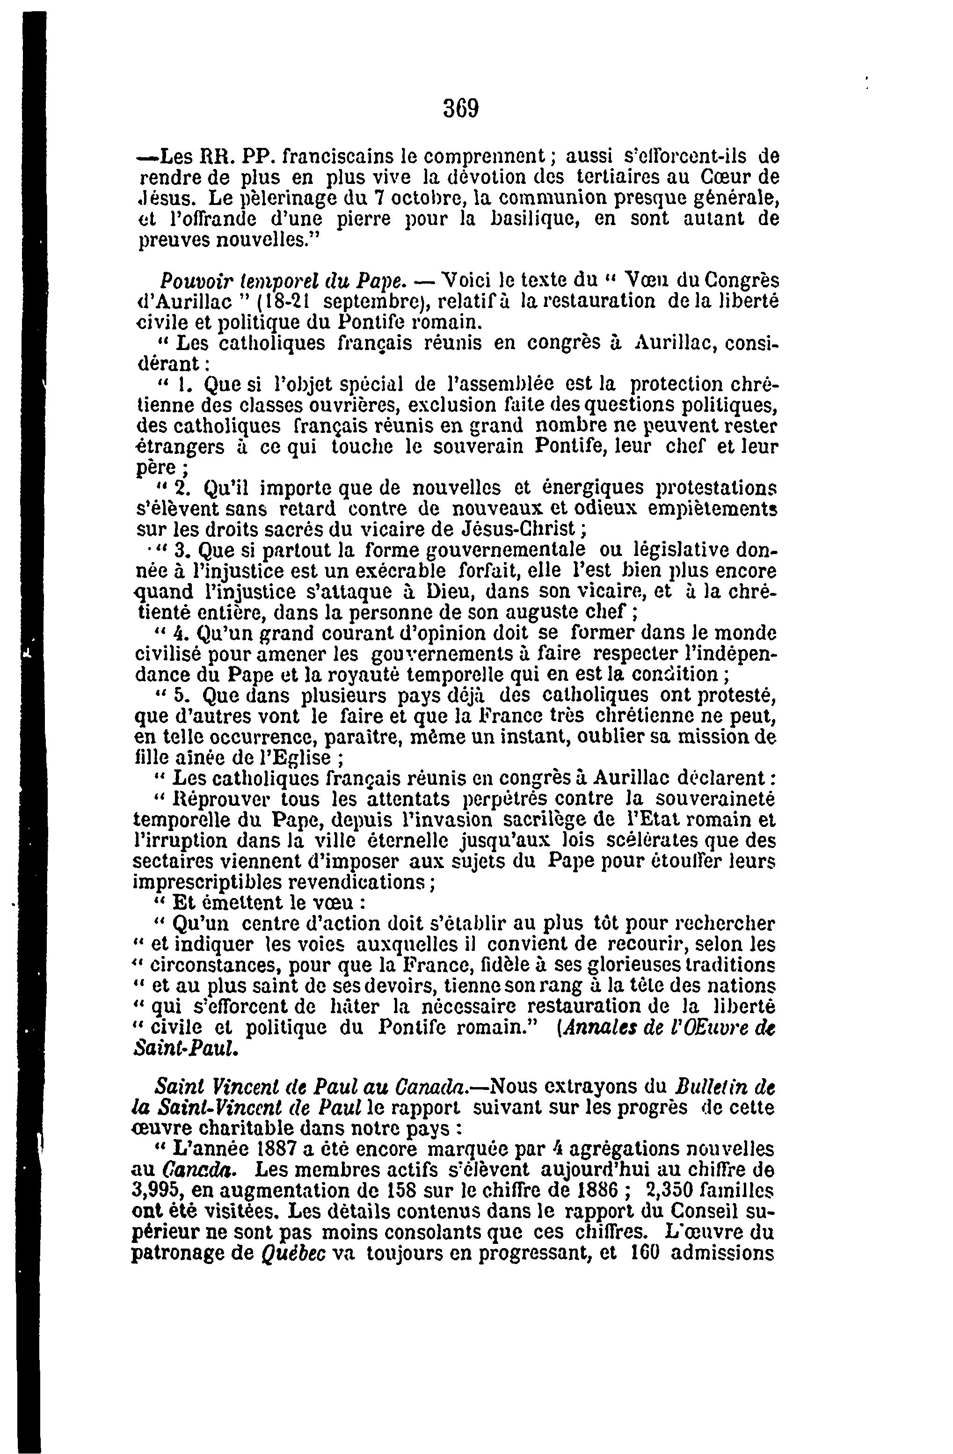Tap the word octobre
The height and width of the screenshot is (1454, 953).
[x=429, y=198]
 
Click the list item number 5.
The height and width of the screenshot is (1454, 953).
[x=180, y=695]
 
